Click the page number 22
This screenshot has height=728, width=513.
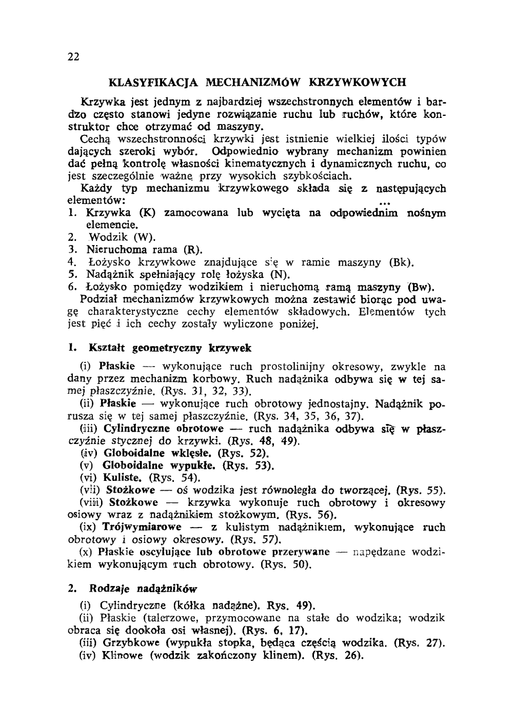[x=73, y=57]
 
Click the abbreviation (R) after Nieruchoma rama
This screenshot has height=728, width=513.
[x=192, y=250]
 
